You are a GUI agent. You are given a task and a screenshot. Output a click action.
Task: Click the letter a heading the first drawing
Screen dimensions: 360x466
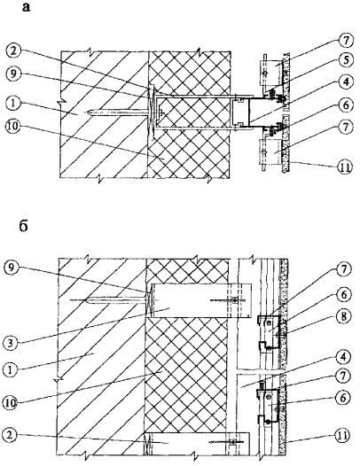tap(26, 7)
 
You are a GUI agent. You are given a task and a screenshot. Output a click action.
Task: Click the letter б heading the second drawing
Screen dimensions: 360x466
tap(24, 226)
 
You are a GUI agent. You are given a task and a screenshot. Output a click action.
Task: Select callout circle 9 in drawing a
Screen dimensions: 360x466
tap(12, 74)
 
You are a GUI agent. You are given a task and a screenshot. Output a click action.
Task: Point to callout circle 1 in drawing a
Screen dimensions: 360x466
tap(12, 105)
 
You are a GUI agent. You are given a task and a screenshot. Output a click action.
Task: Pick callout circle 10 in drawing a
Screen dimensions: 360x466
tap(12, 127)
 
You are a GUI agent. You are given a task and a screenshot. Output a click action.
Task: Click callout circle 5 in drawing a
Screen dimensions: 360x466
tap(346, 60)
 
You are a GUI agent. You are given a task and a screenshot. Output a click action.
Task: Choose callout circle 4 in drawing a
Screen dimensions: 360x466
tap(346, 82)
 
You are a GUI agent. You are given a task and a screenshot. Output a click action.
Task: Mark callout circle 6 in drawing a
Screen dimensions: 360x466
tap(346, 105)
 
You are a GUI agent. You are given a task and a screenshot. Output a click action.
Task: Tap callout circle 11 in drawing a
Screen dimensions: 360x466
tap(346, 167)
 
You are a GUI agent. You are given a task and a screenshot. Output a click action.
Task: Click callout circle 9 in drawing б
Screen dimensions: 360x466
tap(11, 268)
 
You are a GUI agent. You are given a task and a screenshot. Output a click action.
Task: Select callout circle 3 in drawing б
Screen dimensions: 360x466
tap(11, 343)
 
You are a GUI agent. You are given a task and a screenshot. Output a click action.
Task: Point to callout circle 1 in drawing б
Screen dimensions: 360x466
tap(11, 369)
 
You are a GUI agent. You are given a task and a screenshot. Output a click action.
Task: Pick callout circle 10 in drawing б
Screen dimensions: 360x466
tap(11, 403)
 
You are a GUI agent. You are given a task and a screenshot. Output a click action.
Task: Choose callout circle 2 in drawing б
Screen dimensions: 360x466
tap(11, 436)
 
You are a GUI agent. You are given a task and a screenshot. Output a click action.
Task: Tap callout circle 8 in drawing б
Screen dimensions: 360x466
tap(343, 316)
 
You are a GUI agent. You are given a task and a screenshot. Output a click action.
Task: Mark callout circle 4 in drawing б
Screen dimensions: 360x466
tap(343, 357)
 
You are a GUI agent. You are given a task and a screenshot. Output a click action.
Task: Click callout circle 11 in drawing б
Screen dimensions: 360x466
tap(343, 436)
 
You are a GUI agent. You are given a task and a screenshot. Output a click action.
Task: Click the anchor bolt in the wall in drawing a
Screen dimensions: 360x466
tap(119, 113)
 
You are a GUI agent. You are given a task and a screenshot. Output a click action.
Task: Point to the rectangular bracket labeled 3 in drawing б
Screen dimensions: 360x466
tap(201, 300)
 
